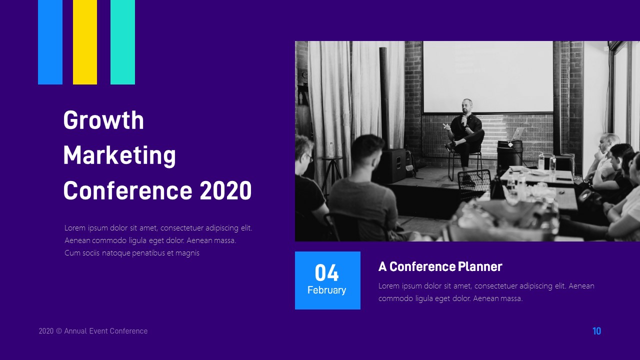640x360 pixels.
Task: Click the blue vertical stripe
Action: pyautogui.click(x=50, y=42)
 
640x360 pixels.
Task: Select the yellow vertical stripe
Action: pyautogui.click(x=85, y=42)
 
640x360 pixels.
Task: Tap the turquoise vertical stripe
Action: pyautogui.click(x=122, y=42)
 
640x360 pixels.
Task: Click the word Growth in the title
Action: pyautogui.click(x=103, y=120)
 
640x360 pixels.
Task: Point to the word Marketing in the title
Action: pyautogui.click(x=119, y=155)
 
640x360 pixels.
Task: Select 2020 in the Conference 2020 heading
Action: pyautogui.click(x=225, y=190)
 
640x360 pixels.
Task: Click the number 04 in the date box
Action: pyautogui.click(x=327, y=273)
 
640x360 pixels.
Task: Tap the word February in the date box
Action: pyautogui.click(x=326, y=290)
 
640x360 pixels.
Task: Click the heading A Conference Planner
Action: pyautogui.click(x=440, y=266)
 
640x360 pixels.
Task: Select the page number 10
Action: pyautogui.click(x=596, y=331)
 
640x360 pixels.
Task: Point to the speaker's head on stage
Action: pyautogui.click(x=467, y=105)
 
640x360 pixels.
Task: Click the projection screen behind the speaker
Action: pyautogui.click(x=487, y=75)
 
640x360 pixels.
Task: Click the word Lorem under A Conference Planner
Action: pyautogui.click(x=388, y=286)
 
